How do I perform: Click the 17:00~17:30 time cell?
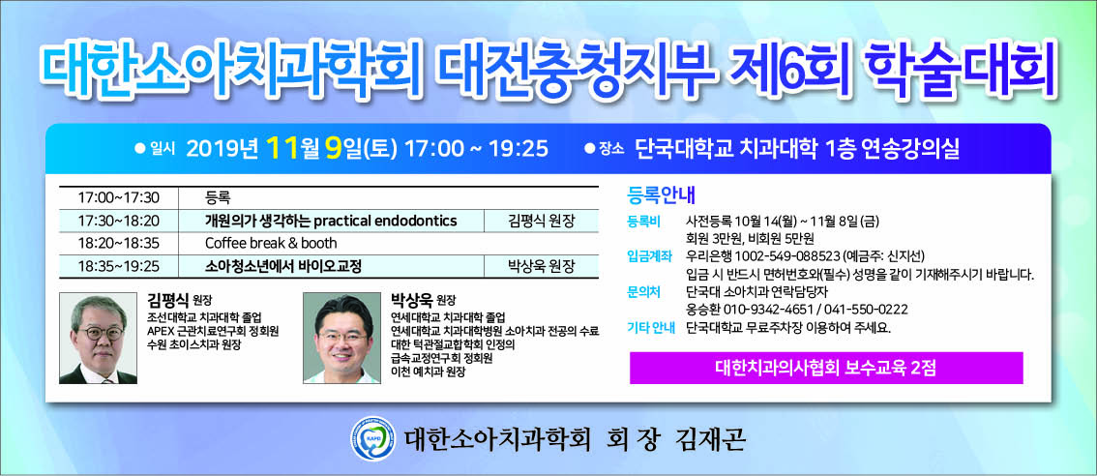point(118,197)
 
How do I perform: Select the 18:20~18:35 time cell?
point(118,243)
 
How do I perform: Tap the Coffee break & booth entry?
point(271,243)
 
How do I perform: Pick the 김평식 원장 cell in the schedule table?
point(541,221)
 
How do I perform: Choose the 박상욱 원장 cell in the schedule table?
point(541,266)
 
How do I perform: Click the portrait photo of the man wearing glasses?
point(98,338)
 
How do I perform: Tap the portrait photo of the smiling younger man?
point(341,338)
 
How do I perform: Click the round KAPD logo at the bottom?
point(372,438)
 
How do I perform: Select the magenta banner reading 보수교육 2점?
point(826,368)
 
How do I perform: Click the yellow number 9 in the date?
point(334,148)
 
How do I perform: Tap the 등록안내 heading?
point(661,193)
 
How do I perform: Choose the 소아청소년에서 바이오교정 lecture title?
point(282,266)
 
